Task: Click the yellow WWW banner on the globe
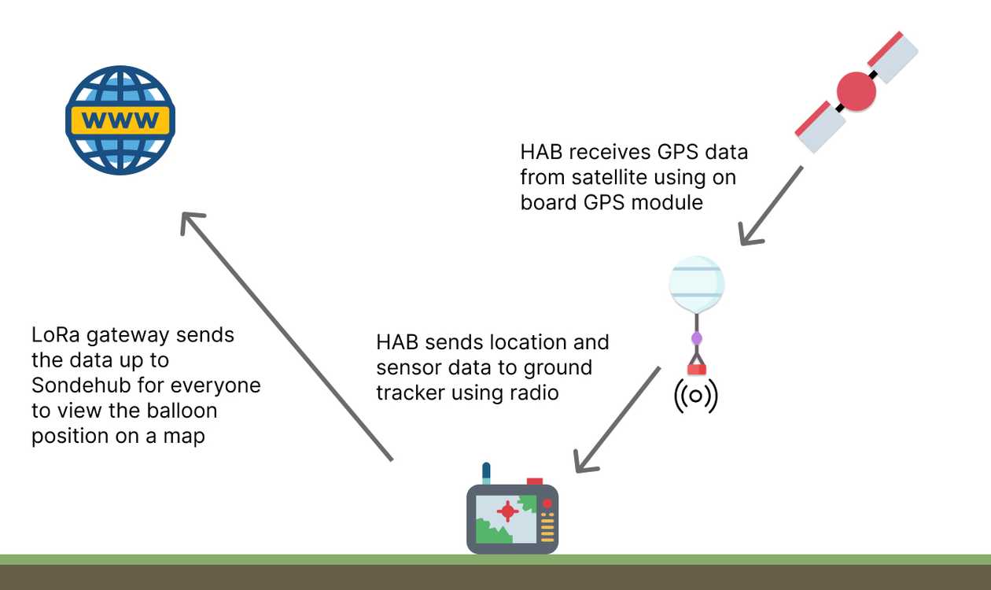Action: point(120,120)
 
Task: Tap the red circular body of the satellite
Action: point(856,92)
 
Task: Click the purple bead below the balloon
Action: point(696,339)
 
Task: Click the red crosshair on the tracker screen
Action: point(507,511)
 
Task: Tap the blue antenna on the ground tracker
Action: point(487,473)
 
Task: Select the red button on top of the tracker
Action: point(535,481)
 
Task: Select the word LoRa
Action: point(56,334)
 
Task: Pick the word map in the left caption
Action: point(183,436)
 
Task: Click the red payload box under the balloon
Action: point(696,369)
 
